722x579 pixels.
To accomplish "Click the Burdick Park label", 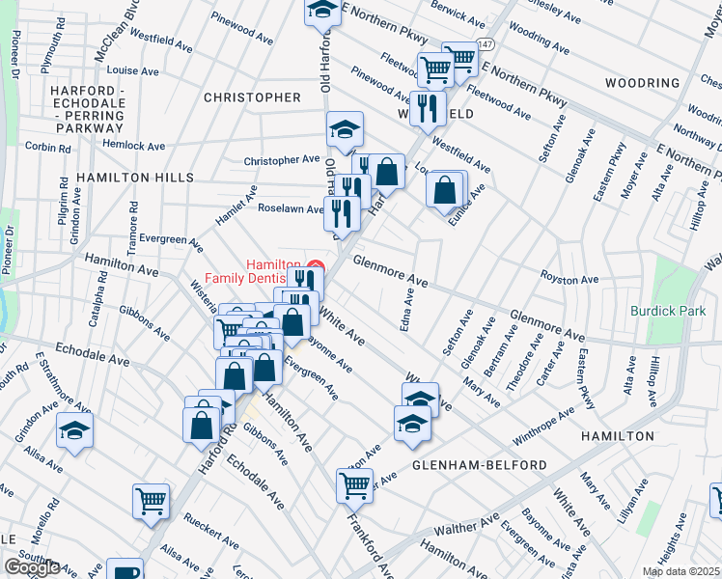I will pos(668,311).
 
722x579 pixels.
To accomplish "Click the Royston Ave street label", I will pos(569,280).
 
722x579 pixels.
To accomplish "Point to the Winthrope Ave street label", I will pos(542,427).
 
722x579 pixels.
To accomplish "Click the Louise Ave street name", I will pos(133,70).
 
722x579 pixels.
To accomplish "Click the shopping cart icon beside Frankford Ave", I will pos(354,484).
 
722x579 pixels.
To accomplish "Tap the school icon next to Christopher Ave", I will pos(344,128).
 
